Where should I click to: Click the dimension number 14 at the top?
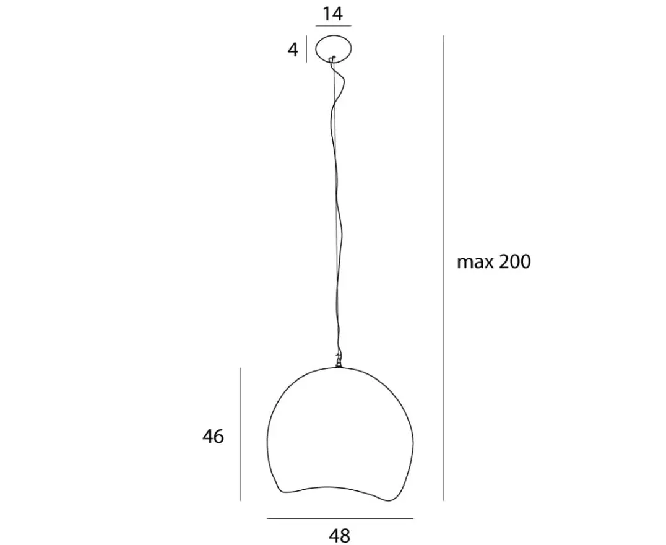tap(332, 14)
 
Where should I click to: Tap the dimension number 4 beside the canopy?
tap(293, 50)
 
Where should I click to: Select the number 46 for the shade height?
tap(213, 436)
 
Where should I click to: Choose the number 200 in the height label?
tap(514, 262)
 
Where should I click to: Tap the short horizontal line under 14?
tap(334, 26)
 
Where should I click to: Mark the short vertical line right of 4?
tap(306, 50)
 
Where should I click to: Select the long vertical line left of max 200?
tap(444, 268)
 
